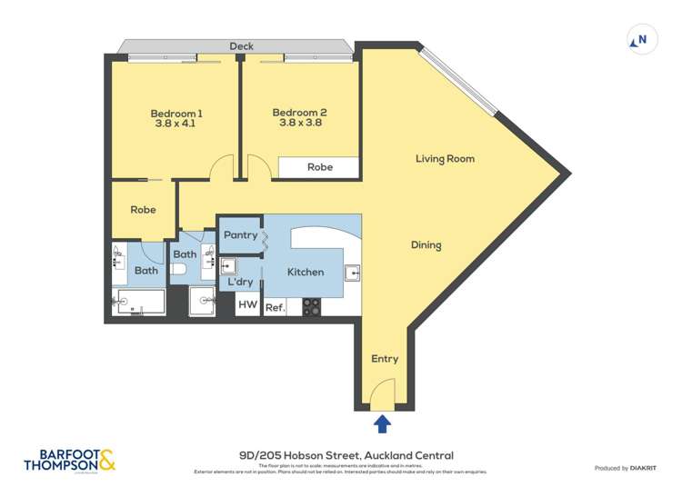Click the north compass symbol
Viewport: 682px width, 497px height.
tap(641, 39)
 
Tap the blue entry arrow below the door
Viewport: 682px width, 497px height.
tap(383, 423)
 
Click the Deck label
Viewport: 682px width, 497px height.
tap(241, 46)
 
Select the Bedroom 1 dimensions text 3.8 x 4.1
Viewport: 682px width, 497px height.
tap(176, 126)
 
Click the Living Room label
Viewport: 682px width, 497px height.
tap(445, 159)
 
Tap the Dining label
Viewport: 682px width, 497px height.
tap(426, 245)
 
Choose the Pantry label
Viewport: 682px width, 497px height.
tap(241, 235)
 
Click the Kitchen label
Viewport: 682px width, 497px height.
tap(306, 272)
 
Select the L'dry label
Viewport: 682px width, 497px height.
tap(240, 282)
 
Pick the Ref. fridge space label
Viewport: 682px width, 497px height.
tap(275, 308)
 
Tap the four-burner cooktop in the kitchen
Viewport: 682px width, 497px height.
tap(311, 307)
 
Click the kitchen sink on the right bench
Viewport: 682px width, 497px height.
tap(352, 272)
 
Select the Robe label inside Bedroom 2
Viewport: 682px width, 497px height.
tap(319, 167)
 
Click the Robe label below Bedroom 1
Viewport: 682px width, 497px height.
tap(143, 210)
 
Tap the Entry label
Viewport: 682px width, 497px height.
tap(385, 359)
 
